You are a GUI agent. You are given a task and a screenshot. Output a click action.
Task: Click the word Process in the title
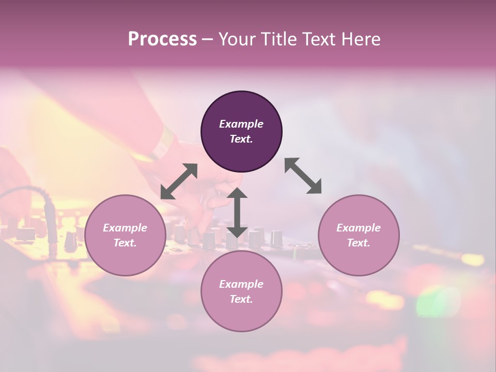point(162,39)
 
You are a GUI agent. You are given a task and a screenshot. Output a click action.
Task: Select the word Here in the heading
point(360,39)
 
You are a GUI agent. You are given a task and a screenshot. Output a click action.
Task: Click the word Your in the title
point(236,39)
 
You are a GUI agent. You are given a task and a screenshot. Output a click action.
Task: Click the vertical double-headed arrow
point(237,212)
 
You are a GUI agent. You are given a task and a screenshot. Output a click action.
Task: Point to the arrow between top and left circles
point(179,181)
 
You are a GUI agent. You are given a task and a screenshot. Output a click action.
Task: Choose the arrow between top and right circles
point(303,176)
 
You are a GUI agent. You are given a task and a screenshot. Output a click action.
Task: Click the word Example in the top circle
point(241,124)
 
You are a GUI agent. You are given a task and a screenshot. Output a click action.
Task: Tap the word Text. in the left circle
point(125,243)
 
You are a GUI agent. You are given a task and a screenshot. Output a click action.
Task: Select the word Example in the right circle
point(359,228)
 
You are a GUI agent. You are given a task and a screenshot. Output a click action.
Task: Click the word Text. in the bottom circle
point(241,299)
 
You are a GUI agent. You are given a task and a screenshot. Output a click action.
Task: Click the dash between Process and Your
point(207,39)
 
